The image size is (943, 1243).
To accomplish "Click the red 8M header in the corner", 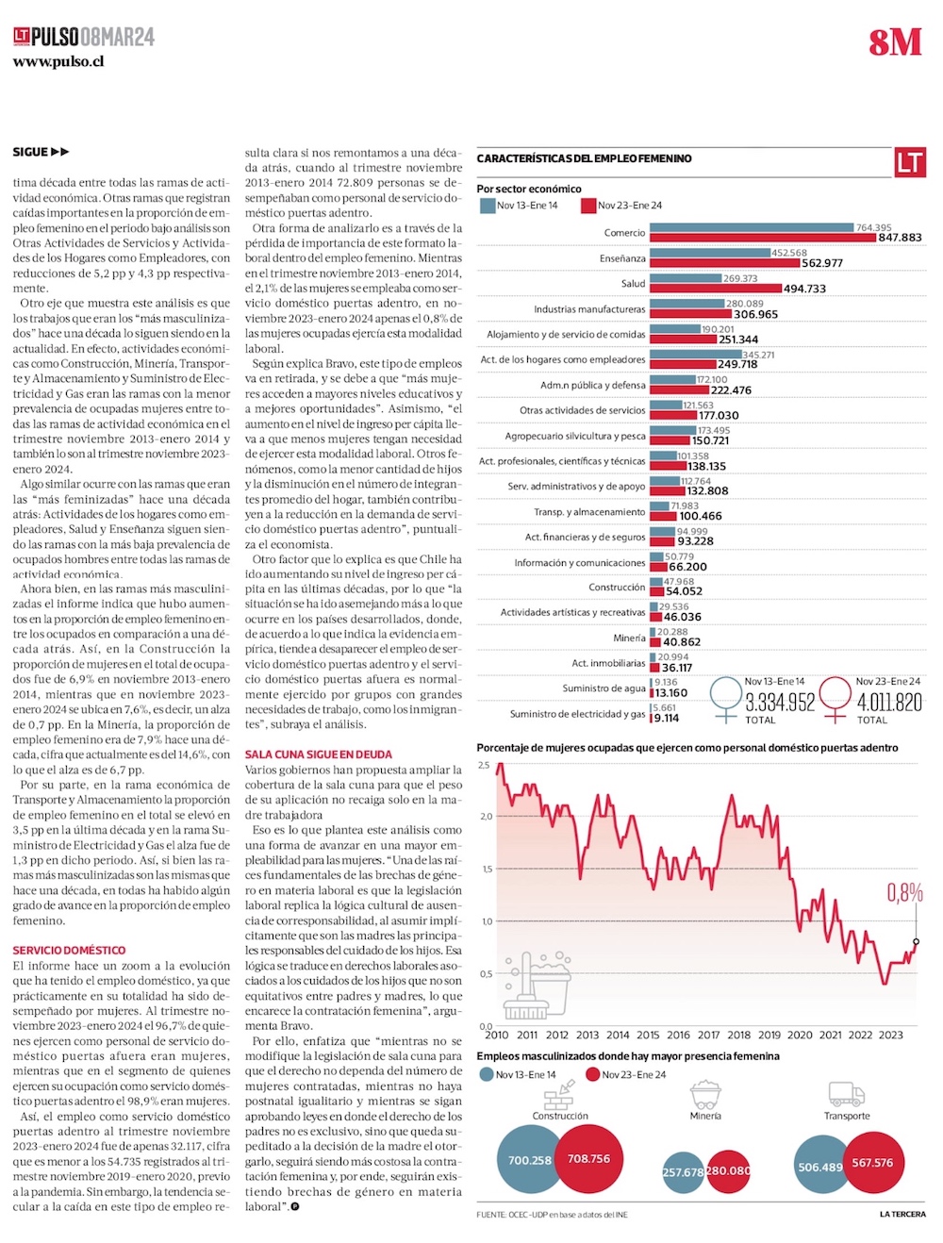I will tap(895, 42).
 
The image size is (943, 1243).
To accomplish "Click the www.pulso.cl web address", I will tap(58, 62).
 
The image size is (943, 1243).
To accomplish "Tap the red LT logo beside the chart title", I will tap(910, 162).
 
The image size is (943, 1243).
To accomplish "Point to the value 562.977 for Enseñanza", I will tap(822, 263).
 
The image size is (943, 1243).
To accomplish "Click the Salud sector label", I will tap(633, 284).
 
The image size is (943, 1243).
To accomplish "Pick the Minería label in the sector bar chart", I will tap(629, 638).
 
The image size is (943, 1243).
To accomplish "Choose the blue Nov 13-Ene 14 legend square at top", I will tap(488, 206).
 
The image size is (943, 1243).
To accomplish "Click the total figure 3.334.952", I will tap(780, 703).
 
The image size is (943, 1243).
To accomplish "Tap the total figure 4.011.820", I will tap(889, 703).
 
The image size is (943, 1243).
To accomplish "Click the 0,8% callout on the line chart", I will tap(904, 892).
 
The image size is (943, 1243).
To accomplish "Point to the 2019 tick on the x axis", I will tap(769, 1035).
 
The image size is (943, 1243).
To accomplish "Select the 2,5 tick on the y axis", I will tap(484, 766).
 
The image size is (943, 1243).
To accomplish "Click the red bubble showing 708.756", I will tap(588, 1159).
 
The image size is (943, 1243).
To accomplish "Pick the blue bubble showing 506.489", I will tap(820, 1167).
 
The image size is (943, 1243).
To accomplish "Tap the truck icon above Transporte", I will tap(847, 1094).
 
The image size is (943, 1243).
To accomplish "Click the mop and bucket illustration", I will tap(538, 986).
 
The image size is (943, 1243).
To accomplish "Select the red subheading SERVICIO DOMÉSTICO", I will tap(69, 951).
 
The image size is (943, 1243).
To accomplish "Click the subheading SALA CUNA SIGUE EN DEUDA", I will tap(319, 754).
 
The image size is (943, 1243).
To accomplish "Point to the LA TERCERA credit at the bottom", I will tap(902, 1214).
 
